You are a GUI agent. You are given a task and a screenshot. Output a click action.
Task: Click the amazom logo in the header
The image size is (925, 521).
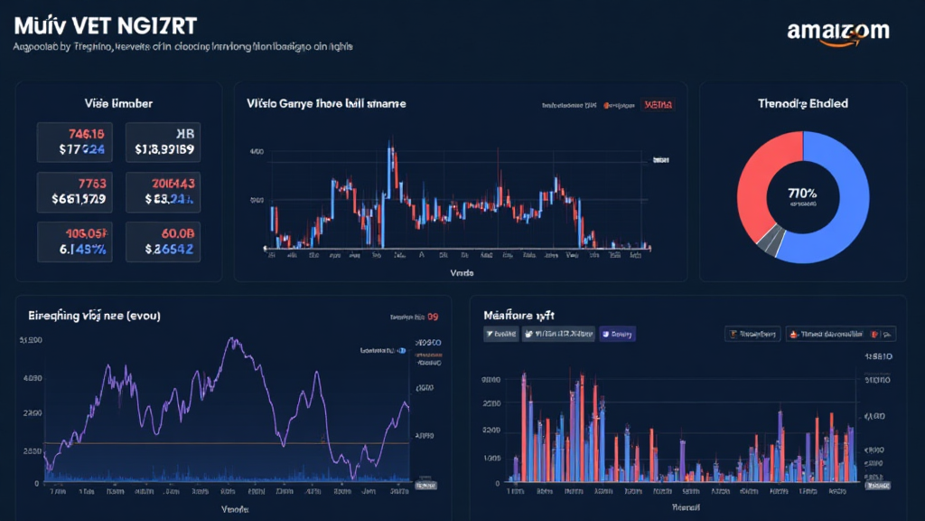click(837, 32)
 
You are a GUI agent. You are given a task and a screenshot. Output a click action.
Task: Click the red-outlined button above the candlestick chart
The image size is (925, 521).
click(660, 105)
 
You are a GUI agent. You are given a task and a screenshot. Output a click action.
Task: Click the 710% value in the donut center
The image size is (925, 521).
click(802, 193)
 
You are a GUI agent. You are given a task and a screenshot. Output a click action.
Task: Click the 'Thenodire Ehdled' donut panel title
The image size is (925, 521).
click(802, 104)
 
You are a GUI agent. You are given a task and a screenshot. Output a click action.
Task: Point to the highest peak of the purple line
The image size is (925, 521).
click(234, 341)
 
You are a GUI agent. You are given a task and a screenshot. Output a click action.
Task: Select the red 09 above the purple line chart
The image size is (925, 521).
click(432, 317)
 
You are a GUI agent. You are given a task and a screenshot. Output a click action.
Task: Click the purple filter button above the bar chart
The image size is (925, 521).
click(618, 334)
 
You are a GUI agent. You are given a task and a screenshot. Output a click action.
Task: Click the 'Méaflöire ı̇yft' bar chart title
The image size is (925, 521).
click(519, 315)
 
